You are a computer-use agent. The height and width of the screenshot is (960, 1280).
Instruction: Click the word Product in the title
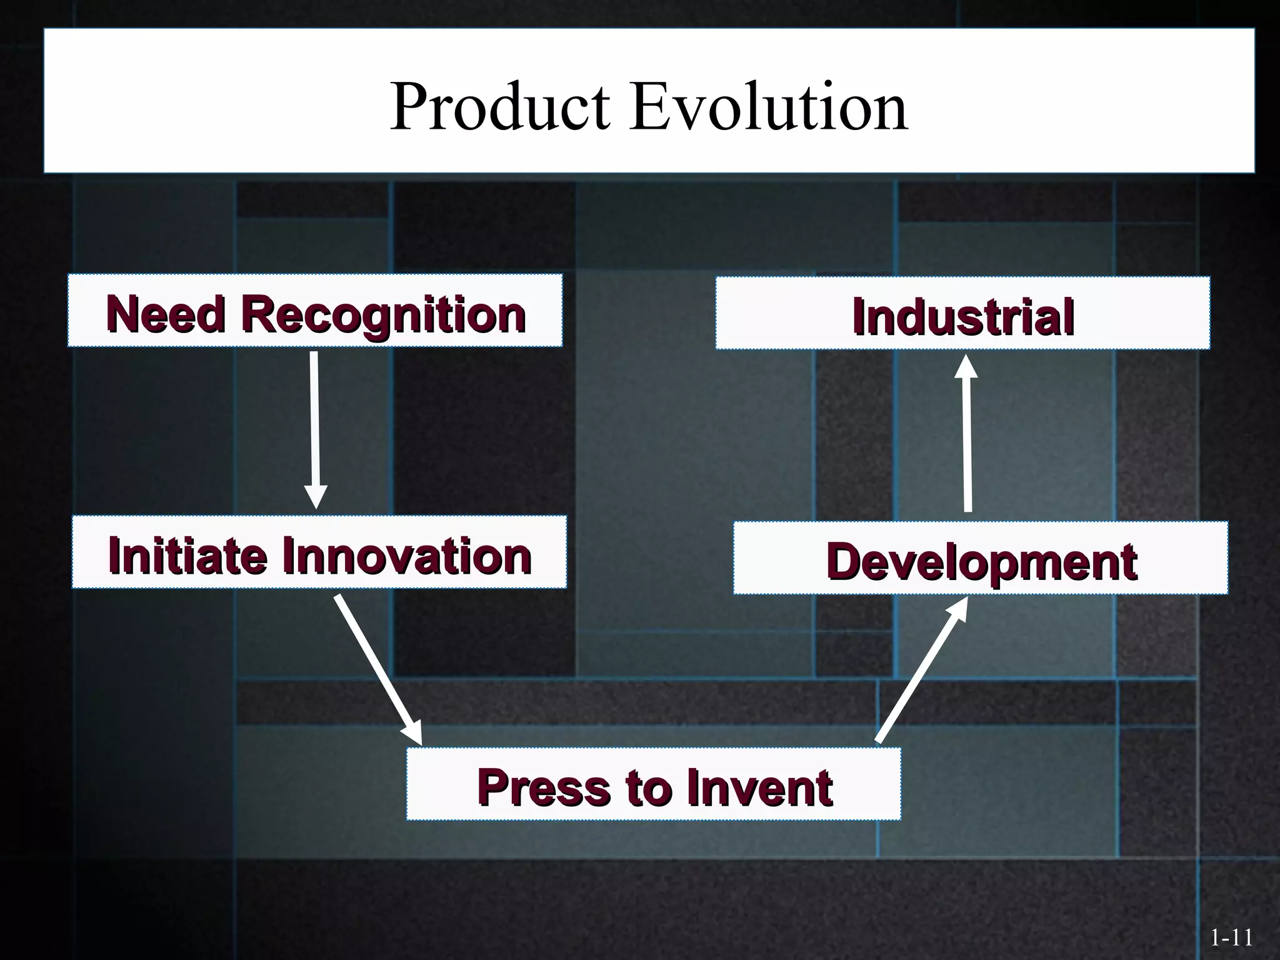pyautogui.click(x=499, y=107)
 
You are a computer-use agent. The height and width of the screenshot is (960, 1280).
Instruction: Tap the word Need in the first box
pyautogui.click(x=166, y=314)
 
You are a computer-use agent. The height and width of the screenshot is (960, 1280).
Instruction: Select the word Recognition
pyautogui.click(x=384, y=314)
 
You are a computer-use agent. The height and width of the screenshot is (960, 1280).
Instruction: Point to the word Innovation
pyautogui.click(x=407, y=556)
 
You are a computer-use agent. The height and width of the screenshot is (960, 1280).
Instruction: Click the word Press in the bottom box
pyautogui.click(x=543, y=787)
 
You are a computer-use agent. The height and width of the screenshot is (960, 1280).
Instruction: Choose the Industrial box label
pyautogui.click(x=963, y=316)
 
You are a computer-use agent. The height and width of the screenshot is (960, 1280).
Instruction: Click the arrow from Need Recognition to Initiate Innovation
pyautogui.click(x=314, y=425)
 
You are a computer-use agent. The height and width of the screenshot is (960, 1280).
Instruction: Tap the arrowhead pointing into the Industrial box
pyautogui.click(x=966, y=367)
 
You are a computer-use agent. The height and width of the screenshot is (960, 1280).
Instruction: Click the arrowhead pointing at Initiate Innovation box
pyautogui.click(x=316, y=497)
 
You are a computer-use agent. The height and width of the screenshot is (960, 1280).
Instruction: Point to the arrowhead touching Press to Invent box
pyautogui.click(x=413, y=732)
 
